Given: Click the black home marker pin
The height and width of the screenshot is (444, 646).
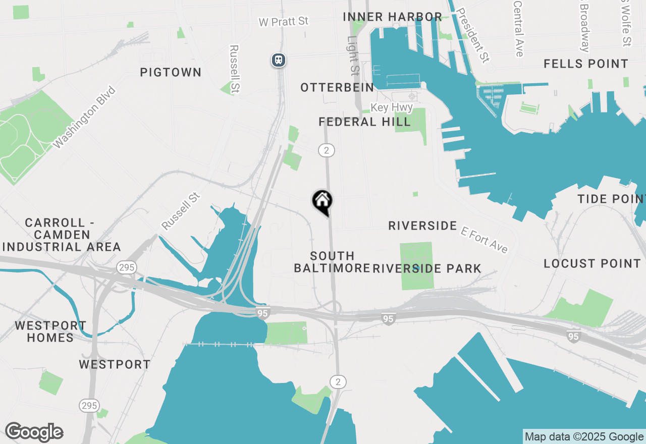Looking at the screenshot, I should tap(322, 202).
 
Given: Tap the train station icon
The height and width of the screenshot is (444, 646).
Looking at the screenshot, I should tap(278, 61).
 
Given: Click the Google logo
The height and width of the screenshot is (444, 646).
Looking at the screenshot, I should tap(34, 432).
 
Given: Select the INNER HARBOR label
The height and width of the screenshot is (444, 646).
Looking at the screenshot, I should tap(392, 17).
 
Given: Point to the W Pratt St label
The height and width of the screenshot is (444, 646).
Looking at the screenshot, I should tap(283, 22).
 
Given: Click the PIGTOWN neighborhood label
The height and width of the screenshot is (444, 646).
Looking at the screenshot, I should tap(171, 72).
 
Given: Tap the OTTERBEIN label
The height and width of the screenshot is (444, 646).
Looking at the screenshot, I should tap(337, 88).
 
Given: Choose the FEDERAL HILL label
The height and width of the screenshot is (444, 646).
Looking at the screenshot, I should tap(364, 122).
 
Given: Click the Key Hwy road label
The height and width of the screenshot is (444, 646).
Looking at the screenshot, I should tap(392, 107).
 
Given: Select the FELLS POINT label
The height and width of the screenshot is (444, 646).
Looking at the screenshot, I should tap(586, 64).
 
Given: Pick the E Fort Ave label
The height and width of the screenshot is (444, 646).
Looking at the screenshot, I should tap(484, 239).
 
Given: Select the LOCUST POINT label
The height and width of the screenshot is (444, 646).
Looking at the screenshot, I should tap(592, 263).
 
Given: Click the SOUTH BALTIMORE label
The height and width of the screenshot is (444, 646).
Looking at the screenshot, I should tap(332, 262).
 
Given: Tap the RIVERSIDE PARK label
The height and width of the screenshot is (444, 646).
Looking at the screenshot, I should tap(427, 268).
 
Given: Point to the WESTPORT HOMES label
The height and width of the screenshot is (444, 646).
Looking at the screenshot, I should tap(50, 331).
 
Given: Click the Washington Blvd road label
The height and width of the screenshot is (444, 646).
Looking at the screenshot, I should tap(84, 118).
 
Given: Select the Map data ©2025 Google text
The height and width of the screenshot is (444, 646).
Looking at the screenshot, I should tap(584, 437).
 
